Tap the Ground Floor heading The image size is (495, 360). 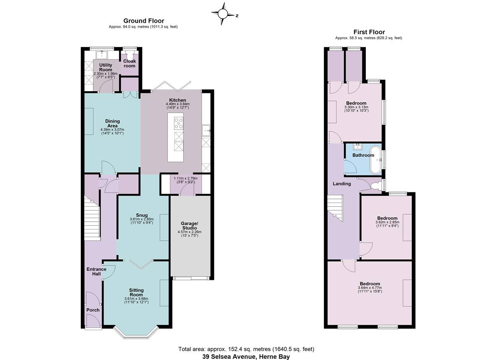pos(144,21)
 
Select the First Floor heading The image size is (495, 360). pos(369,32)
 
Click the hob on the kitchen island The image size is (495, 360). pos(179,123)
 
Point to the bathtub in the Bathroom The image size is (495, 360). pos(376,160)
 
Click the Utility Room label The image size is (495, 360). pos(106,67)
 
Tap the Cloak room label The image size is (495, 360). pos(130,64)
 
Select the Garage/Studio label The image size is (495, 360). pos(190,225)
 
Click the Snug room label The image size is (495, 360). pos(141,215)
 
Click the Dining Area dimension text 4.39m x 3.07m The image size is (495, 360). pos(112,130)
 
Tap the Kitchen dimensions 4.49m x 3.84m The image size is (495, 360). pos(178,104)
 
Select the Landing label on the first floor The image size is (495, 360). pos(342,184)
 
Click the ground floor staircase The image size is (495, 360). pos(92,218)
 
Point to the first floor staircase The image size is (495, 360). pos(335,207)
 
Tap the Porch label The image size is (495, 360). pos(93,310)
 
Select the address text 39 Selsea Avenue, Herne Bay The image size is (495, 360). pos(246,356)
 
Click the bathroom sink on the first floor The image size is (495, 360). pos(357,147)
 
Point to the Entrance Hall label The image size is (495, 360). pos(97,271)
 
